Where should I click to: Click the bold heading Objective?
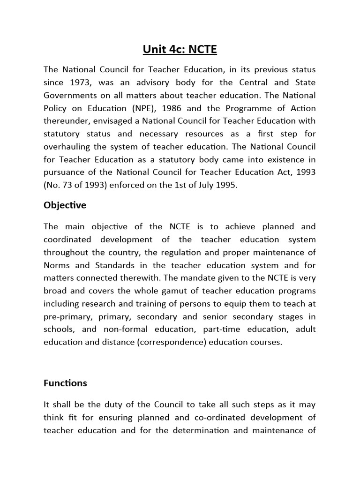tap(65, 206)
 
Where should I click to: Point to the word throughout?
tap(67, 253)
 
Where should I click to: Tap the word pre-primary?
tap(66, 316)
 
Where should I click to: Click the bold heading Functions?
tap(65, 383)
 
